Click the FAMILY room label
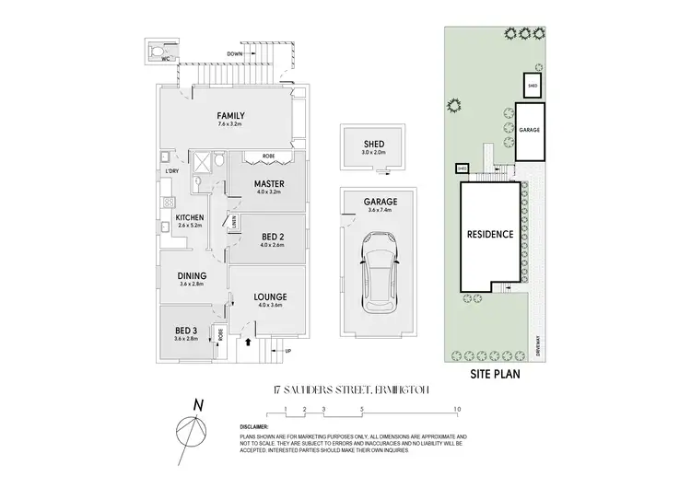(x=231, y=115)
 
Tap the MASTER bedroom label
(x=268, y=183)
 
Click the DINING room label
(x=192, y=275)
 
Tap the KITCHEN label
(x=190, y=217)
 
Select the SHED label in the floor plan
(x=373, y=144)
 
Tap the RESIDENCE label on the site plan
(x=488, y=234)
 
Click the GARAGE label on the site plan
(x=529, y=130)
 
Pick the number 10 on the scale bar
(x=456, y=409)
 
